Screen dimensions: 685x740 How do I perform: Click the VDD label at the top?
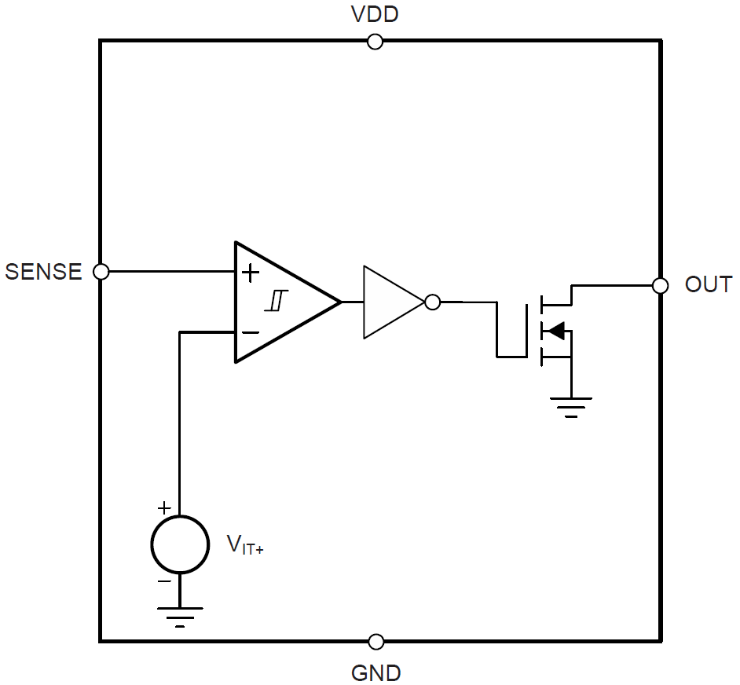pyautogui.click(x=375, y=14)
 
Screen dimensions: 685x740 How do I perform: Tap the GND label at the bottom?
pyautogui.click(x=375, y=673)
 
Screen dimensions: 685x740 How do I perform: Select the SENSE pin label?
pyautogui.click(x=43, y=272)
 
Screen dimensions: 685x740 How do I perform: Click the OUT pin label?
pyautogui.click(x=708, y=284)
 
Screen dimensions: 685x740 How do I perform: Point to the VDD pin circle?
pyautogui.click(x=375, y=42)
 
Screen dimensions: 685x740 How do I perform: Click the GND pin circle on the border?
pyautogui.click(x=376, y=642)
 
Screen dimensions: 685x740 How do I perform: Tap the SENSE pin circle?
pyautogui.click(x=101, y=272)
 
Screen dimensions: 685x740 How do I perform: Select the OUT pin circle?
pyautogui.click(x=661, y=285)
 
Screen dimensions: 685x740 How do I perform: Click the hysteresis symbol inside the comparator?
pyautogui.click(x=277, y=301)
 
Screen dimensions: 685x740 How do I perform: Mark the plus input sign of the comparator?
pyautogui.click(x=250, y=273)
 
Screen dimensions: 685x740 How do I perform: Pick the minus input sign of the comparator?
pyautogui.click(x=250, y=332)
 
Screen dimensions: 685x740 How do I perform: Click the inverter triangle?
pyautogui.click(x=389, y=302)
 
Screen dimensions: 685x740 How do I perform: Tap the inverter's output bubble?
pyautogui.click(x=431, y=302)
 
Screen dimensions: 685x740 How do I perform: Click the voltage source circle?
pyautogui.click(x=180, y=544)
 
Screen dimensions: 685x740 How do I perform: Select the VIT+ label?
pyautogui.click(x=244, y=544)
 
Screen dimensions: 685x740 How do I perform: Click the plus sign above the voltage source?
pyautogui.click(x=164, y=507)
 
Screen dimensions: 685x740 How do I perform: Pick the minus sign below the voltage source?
pyautogui.click(x=164, y=581)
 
